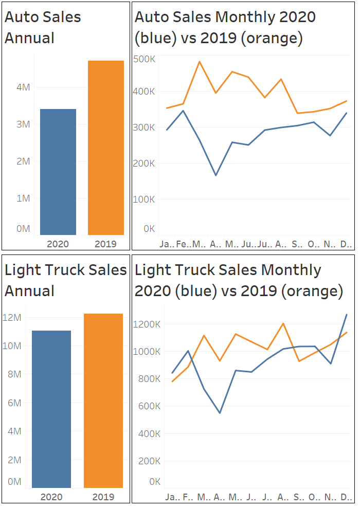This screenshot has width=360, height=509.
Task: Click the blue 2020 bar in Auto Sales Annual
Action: point(58,172)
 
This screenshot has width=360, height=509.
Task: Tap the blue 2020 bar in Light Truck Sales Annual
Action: point(51,409)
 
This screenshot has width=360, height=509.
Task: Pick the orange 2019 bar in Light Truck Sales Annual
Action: point(103,401)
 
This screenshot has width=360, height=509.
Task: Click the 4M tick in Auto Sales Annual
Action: point(23,87)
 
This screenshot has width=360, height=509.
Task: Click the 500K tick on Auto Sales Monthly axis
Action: point(145,59)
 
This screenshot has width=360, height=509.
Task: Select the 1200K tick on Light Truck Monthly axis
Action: point(148,324)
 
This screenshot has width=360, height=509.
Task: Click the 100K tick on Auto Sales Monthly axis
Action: point(145,199)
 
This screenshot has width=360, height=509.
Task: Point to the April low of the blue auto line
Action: point(215,175)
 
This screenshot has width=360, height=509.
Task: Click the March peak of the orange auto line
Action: point(200,62)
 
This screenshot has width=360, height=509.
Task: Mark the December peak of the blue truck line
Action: point(347,315)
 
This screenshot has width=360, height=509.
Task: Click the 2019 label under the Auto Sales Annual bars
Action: point(106,244)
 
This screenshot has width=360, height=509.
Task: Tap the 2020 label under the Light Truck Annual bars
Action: point(51,497)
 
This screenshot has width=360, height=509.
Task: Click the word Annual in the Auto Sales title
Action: point(30,38)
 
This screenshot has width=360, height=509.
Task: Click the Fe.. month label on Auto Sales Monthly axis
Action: point(183,243)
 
